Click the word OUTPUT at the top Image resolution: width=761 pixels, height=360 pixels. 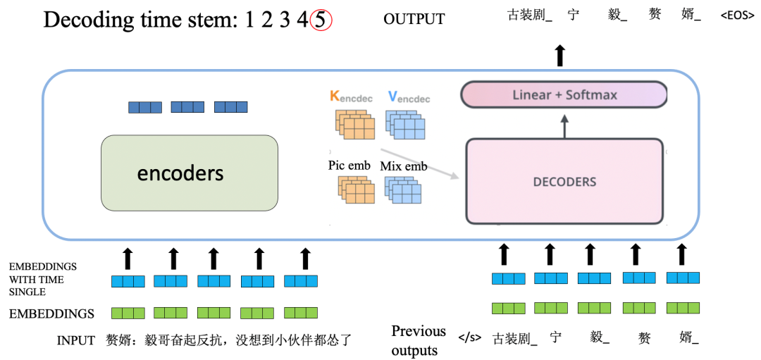click(x=414, y=19)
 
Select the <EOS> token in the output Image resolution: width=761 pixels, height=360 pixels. click(x=738, y=16)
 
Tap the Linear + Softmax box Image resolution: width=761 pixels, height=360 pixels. click(x=564, y=94)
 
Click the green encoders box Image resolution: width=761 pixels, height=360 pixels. click(x=190, y=173)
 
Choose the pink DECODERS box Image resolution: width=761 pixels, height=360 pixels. click(x=564, y=182)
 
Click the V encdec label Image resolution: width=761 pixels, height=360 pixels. click(x=409, y=97)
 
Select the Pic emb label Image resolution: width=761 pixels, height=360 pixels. click(x=349, y=166)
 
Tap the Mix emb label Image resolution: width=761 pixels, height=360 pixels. click(x=403, y=167)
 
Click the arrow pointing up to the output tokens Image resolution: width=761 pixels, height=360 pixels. click(x=561, y=56)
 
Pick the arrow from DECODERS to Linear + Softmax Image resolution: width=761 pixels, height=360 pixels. click(x=564, y=126)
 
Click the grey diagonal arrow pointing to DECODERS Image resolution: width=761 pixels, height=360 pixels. click(x=420, y=163)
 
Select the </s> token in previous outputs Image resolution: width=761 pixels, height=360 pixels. click(x=470, y=337)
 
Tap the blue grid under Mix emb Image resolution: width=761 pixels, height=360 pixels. click(x=403, y=190)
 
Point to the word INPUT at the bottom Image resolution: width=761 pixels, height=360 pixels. click(x=75, y=340)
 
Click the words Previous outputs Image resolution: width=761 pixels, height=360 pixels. click(x=419, y=340)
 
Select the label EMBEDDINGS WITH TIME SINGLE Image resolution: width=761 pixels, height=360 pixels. click(x=43, y=280)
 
